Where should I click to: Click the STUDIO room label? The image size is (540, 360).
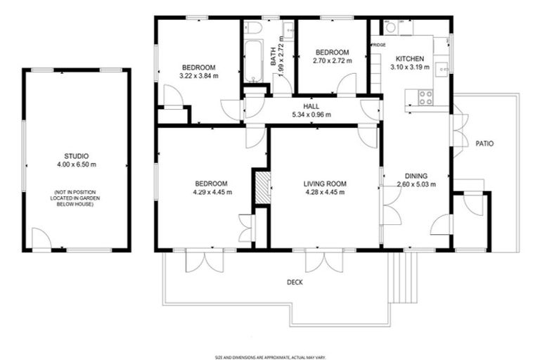tap(76, 156)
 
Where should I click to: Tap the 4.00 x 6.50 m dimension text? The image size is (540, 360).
tap(76, 165)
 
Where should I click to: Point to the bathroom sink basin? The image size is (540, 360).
tap(288, 30)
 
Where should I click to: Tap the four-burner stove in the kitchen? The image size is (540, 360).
tap(425, 98)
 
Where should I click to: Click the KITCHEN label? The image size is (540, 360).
tap(410, 58)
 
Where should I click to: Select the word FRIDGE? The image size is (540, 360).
tap(378, 45)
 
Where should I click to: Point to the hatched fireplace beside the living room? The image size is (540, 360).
tap(262, 188)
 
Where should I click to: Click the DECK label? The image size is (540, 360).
tap(295, 283)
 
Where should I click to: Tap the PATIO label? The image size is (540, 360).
tap(484, 143)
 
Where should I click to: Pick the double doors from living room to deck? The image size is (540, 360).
tap(324, 261)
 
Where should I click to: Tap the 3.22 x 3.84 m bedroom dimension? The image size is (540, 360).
tap(198, 76)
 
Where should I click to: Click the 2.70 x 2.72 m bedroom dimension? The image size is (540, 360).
tap(331, 60)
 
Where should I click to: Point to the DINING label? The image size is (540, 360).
tap(416, 176)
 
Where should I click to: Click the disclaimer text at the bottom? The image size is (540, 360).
tap(270, 356)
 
